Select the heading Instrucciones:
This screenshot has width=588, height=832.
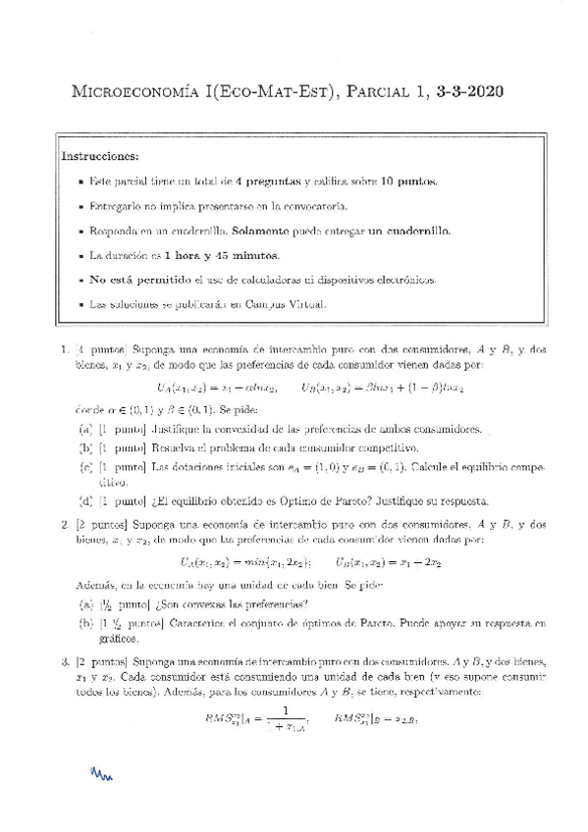[100, 156]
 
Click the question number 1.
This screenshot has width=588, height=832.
[64, 348]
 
